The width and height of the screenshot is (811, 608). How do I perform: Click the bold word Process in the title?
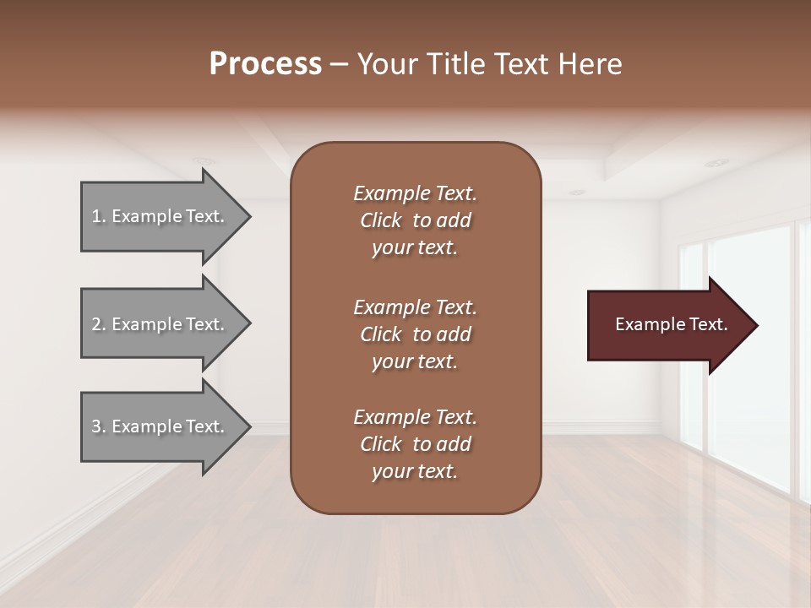pyautogui.click(x=265, y=64)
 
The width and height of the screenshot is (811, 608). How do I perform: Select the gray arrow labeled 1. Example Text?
pyautogui.click(x=161, y=216)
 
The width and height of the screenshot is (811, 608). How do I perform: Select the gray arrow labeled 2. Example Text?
pyautogui.click(x=161, y=324)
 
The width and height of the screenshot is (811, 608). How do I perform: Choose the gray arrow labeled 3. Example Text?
pyautogui.click(x=161, y=426)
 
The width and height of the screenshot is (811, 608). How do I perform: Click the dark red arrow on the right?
pyautogui.click(x=667, y=325)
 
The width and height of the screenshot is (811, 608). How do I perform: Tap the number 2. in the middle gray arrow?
pyautogui.click(x=99, y=324)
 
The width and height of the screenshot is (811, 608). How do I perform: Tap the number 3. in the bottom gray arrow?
pyautogui.click(x=99, y=426)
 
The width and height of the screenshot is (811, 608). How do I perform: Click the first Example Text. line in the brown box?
pyautogui.click(x=415, y=193)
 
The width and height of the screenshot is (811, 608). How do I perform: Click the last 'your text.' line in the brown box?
pyautogui.click(x=415, y=472)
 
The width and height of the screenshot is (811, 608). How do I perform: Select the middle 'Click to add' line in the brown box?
pyautogui.click(x=415, y=334)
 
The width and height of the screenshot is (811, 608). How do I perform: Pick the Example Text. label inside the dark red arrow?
pyautogui.click(x=671, y=324)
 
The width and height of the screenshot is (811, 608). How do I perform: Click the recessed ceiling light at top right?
pyautogui.click(x=716, y=162)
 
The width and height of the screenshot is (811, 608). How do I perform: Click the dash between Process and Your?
pyautogui.click(x=340, y=64)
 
